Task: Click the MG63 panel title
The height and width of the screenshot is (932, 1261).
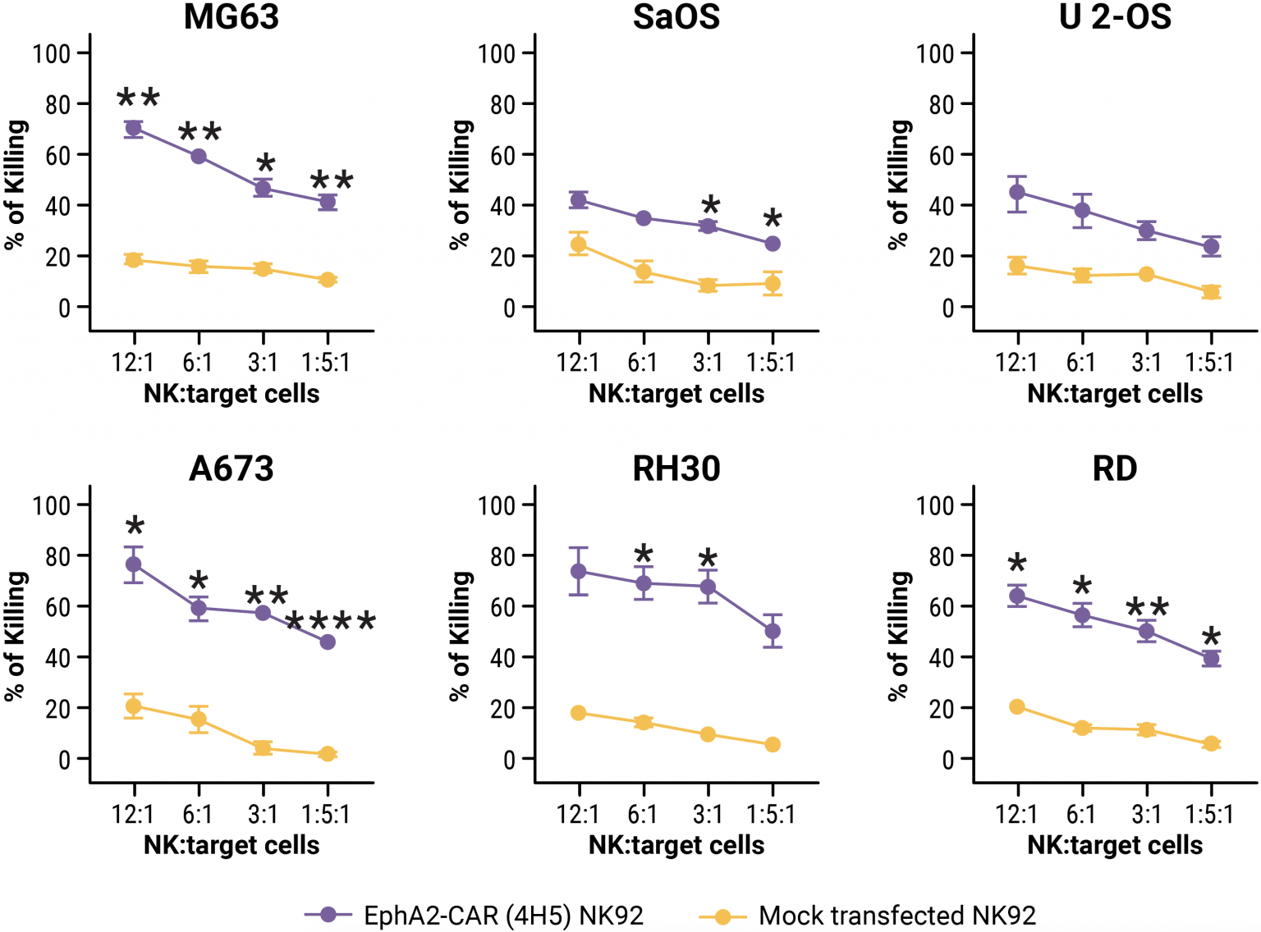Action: point(232,16)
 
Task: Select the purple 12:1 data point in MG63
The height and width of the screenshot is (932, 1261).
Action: point(133,129)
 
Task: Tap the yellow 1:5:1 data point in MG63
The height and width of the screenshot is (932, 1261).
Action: point(328,280)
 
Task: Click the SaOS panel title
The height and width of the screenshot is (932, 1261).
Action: point(676,16)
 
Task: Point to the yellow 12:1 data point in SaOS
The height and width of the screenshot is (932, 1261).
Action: point(579,244)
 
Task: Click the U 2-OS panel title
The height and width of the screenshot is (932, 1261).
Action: point(1115,16)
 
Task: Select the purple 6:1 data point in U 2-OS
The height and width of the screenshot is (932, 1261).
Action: point(1082,211)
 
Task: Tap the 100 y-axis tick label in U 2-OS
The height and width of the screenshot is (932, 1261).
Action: point(934,54)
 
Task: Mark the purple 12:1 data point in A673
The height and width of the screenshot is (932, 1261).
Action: point(133,564)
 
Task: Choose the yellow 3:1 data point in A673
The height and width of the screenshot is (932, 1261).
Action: point(263,747)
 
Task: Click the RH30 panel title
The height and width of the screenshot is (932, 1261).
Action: point(676,468)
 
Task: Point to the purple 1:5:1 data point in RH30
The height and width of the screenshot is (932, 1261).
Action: point(773,631)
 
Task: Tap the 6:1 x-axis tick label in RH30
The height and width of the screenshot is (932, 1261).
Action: point(643,814)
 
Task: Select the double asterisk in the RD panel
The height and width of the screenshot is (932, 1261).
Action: point(1147,609)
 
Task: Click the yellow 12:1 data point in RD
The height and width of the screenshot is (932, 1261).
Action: point(1017,706)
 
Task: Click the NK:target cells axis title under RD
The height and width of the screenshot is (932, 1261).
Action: point(1115,845)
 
